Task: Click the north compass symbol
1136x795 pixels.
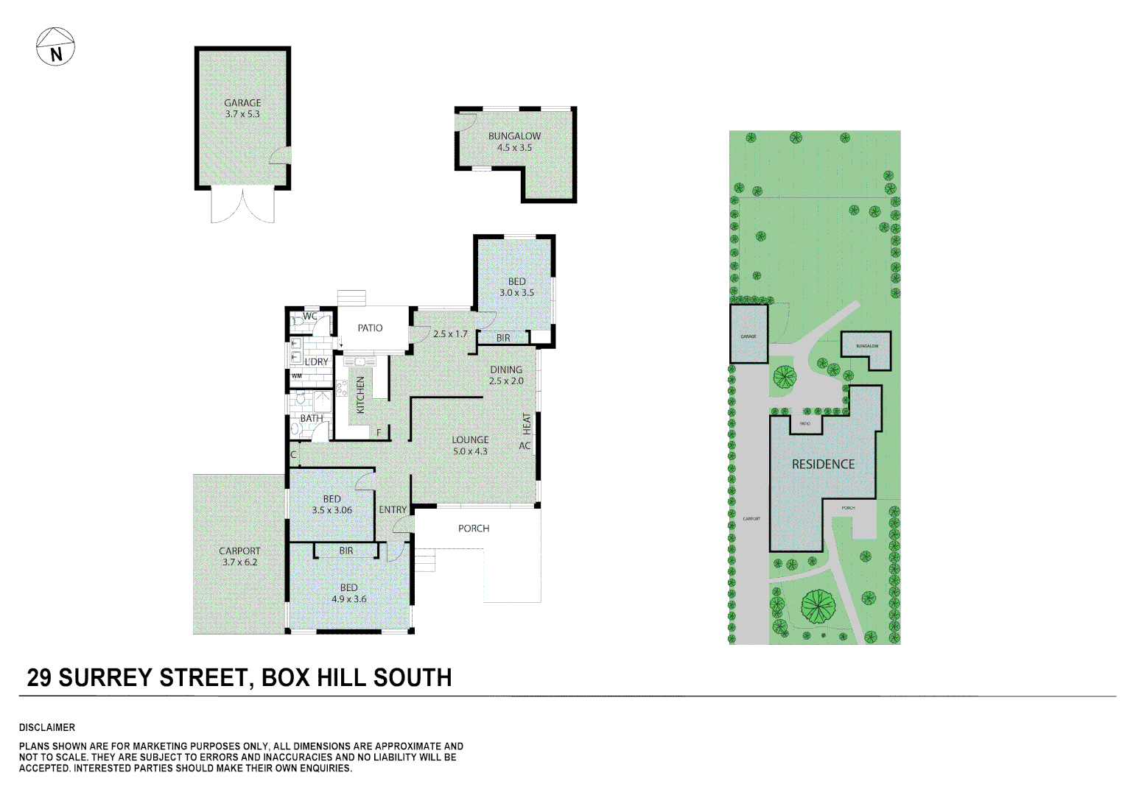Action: tap(55, 47)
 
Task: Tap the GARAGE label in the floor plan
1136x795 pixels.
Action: tap(242, 103)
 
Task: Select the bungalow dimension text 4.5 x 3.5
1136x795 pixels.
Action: tap(514, 147)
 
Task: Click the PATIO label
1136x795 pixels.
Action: tap(370, 328)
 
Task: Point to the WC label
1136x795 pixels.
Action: tap(310, 317)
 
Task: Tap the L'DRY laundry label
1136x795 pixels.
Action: tap(317, 362)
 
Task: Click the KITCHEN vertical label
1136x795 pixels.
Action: tap(361, 395)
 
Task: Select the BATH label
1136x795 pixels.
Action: tap(311, 418)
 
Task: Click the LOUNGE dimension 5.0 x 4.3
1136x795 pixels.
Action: tap(470, 451)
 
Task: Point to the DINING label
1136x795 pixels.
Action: tap(506, 370)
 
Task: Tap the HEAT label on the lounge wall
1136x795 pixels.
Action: tap(527, 422)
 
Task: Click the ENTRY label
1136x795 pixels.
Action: tap(393, 509)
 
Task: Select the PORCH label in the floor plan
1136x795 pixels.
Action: tap(474, 529)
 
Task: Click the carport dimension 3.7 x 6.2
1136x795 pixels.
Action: tap(240, 562)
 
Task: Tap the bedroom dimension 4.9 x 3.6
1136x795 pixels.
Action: tap(348, 599)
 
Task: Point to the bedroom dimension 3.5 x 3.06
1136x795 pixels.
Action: tap(332, 510)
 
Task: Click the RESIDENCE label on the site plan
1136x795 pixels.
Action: tap(823, 464)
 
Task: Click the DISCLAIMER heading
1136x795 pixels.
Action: tap(47, 727)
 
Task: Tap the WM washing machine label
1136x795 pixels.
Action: tap(296, 376)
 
